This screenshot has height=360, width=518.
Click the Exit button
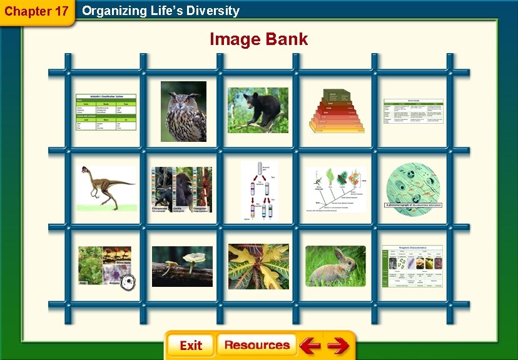pos(190,346)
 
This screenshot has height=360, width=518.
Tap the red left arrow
pos(309,346)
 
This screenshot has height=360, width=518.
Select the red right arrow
pos(338,346)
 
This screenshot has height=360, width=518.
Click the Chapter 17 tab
pos(37,11)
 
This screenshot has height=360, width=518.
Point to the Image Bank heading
pos(258,39)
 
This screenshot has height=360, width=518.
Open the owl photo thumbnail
pos(183,111)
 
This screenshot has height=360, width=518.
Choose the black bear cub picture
pos(258,110)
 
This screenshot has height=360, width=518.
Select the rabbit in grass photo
pos(335,266)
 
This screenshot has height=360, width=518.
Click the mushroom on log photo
pos(182,266)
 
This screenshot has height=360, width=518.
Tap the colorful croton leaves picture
pos(258,266)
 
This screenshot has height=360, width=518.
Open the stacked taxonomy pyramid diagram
pos(336,111)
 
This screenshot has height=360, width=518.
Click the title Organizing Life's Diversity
pos(161,11)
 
